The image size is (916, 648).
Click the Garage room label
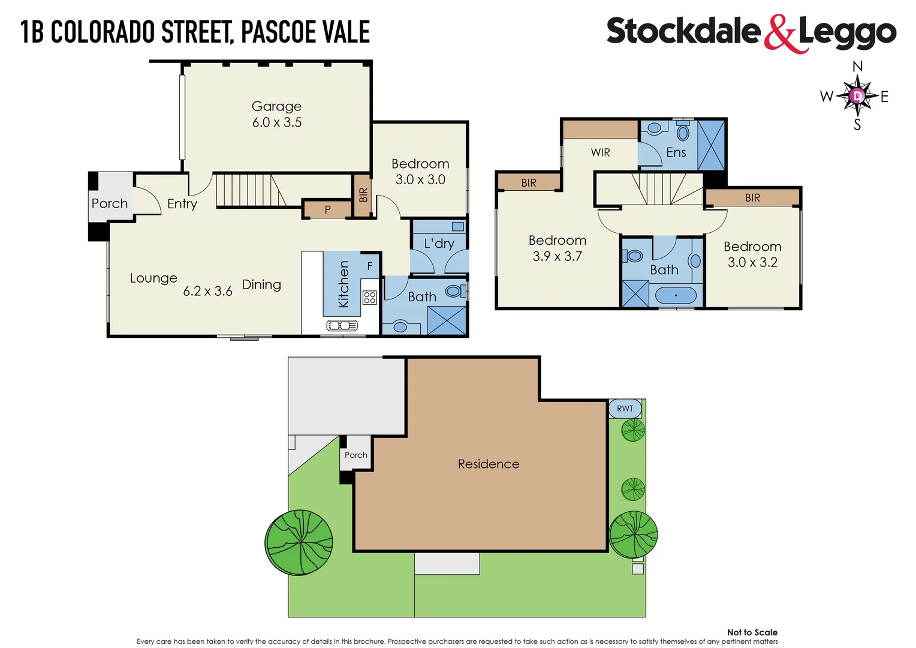point(276,106)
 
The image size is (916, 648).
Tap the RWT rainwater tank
point(625,409)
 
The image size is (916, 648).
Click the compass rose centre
point(857,96)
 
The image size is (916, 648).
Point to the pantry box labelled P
point(327,209)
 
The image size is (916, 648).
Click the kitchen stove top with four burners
point(369,297)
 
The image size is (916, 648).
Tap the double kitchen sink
point(342,325)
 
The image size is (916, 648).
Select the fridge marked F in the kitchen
point(370,266)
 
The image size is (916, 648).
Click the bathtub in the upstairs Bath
point(676,295)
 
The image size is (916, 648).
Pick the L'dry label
point(439,244)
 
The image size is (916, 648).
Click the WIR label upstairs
point(600,152)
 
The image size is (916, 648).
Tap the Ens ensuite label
point(676,152)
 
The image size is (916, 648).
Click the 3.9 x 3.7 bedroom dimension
point(557,256)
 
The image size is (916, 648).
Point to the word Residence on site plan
point(488,464)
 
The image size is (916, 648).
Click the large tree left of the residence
point(299,542)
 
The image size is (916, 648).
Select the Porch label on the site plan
point(355,455)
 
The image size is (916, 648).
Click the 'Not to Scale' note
point(752,632)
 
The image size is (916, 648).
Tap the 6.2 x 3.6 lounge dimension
point(207,291)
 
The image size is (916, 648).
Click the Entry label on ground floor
point(182,204)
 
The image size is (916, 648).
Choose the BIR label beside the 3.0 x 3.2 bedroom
point(752,197)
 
